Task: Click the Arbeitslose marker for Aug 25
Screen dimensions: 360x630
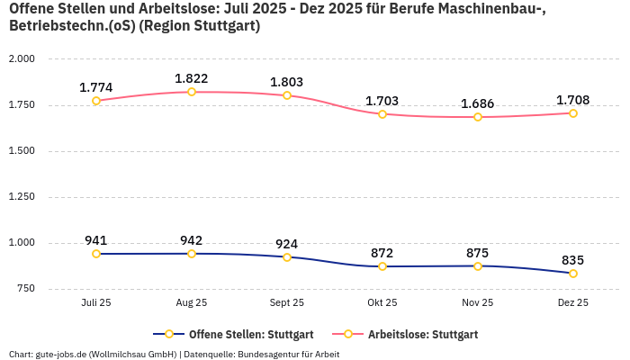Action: click(x=192, y=92)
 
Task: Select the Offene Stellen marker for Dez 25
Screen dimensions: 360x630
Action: click(x=573, y=274)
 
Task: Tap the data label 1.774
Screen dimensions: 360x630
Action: click(x=96, y=87)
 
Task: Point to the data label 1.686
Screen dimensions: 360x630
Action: click(x=478, y=103)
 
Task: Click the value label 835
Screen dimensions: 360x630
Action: click(x=573, y=260)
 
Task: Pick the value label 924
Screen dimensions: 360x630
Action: click(x=287, y=244)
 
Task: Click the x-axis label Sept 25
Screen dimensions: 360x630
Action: click(x=287, y=303)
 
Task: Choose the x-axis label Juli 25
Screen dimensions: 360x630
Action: click(x=96, y=303)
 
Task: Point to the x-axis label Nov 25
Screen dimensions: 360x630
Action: click(x=478, y=303)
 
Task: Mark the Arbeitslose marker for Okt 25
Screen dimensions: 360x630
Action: click(x=382, y=114)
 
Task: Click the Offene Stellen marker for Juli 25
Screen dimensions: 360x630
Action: click(x=96, y=254)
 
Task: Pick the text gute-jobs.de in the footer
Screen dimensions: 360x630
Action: click(x=61, y=354)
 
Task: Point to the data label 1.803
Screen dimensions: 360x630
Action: click(x=287, y=82)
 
